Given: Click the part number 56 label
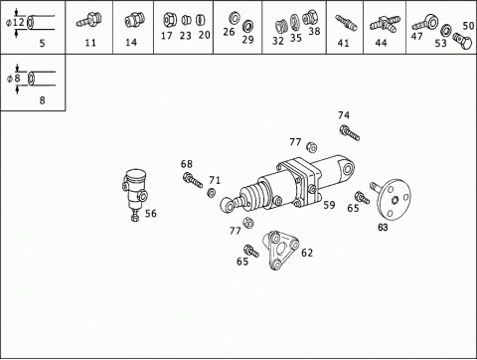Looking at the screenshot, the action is coord(151,213).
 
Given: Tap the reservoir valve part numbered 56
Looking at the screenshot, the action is coord(135,194).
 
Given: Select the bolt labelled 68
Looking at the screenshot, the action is coord(192,180).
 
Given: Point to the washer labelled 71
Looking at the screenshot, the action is coord(211,192).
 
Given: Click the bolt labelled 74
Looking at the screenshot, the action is coord(349,132).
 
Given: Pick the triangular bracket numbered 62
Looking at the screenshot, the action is coord(280,251).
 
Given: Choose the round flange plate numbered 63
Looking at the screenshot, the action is coord(392,199).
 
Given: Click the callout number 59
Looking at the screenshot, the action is coord(329,205).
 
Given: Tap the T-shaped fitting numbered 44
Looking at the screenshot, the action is coord(385,25).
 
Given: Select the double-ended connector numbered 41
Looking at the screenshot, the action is coord(346,23).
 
